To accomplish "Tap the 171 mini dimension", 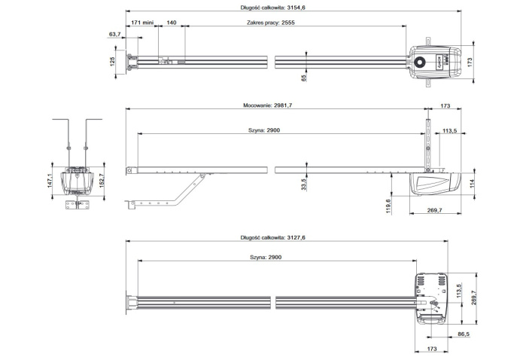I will tap(142, 23).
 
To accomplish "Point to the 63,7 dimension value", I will tap(114, 35).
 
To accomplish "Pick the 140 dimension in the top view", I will tap(172, 23).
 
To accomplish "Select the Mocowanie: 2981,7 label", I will tap(268, 106).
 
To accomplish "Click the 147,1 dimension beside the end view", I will tap(51, 180).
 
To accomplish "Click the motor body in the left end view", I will tap(76, 181).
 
